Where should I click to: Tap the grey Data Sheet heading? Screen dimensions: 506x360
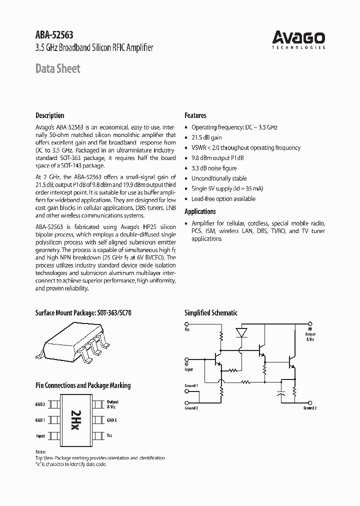tap(57, 68)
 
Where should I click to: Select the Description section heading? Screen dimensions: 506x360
tap(49, 115)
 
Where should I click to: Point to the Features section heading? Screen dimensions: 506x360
tap(195, 115)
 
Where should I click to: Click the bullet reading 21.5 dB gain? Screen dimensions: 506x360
tap(206, 137)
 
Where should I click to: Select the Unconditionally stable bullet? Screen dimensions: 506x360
tap(219, 178)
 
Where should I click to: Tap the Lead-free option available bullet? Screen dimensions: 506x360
tap(223, 199)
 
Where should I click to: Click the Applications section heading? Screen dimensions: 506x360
tap(200, 211)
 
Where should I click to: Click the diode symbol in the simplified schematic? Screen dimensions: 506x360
tap(242, 332)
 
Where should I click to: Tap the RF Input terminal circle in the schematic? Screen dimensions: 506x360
tap(187, 359)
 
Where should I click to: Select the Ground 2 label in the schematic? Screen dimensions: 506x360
tap(310, 408)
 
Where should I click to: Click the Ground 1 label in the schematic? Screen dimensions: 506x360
tap(191, 385)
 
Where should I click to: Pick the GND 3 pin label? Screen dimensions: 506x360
tap(111, 420)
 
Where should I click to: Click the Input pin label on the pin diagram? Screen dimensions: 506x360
tap(40, 436)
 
